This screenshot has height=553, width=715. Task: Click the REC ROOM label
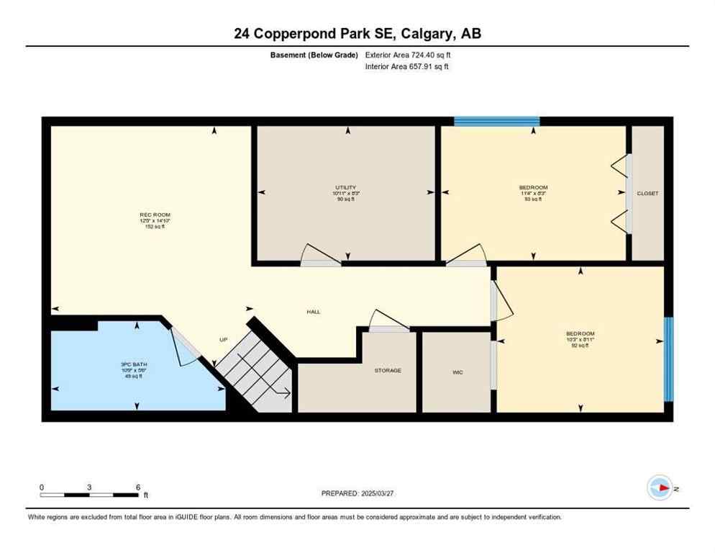tap(155, 215)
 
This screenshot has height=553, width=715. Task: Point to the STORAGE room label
tap(387, 370)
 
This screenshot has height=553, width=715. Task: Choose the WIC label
tap(457, 372)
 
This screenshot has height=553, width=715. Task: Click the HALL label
tap(314, 312)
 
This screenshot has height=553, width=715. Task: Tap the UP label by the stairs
tap(224, 340)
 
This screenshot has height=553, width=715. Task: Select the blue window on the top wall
tap(496, 121)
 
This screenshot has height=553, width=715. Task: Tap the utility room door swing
tap(319, 255)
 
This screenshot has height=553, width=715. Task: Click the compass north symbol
tap(660, 487)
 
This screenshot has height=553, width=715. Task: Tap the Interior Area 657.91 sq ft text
tap(407, 67)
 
